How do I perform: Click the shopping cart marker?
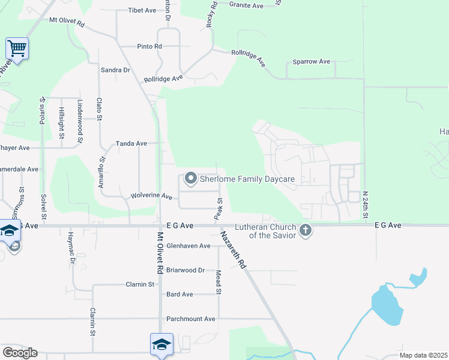17,48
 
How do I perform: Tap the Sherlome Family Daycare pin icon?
191,178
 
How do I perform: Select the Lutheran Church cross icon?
306,230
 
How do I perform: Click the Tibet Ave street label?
142,10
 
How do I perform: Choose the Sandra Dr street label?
115,70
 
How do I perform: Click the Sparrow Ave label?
312,61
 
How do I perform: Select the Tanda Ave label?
131,143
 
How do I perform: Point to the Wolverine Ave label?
151,196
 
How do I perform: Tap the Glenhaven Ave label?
188,245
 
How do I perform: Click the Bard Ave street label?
179,294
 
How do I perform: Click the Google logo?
20,352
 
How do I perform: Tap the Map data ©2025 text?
424,355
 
